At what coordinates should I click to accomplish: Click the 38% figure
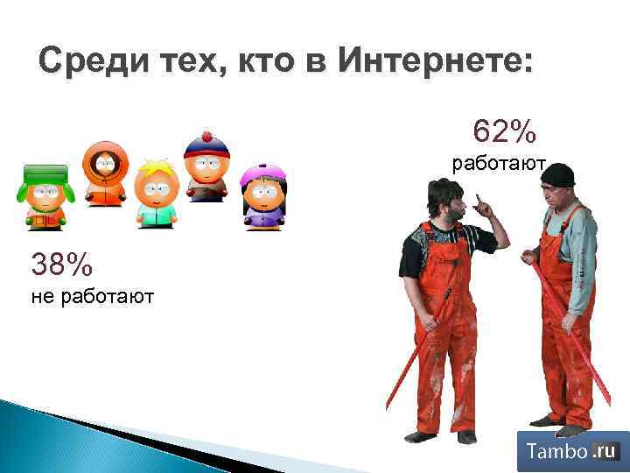click(61, 262)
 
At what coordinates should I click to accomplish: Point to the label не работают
click(92, 297)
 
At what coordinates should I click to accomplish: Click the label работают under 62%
click(498, 164)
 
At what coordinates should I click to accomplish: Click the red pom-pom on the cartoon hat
click(207, 137)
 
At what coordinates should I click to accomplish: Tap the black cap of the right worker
click(557, 174)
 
